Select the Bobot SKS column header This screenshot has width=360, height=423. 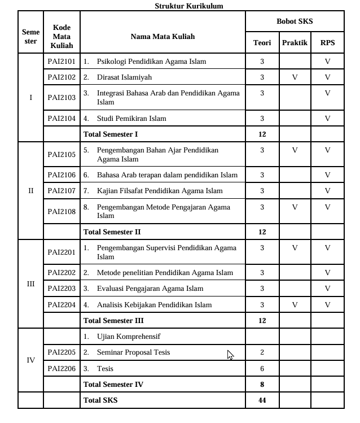(x=295, y=21)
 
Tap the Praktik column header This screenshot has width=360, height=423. (x=295, y=43)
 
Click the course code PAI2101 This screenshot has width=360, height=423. (x=62, y=61)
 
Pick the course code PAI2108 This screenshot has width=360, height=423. (x=62, y=211)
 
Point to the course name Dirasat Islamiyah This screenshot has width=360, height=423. (x=124, y=77)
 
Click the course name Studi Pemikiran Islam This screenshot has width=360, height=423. (x=131, y=118)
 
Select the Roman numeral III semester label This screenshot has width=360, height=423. (x=30, y=284)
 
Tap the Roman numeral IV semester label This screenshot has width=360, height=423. (x=30, y=360)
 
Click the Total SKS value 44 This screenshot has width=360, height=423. (x=262, y=400)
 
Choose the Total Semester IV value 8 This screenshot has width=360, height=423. (x=262, y=384)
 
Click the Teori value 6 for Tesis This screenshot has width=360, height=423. (x=262, y=368)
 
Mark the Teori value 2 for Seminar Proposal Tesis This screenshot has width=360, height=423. (x=262, y=352)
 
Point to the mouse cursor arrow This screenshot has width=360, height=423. (x=230, y=354)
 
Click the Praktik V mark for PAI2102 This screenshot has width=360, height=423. (x=295, y=77)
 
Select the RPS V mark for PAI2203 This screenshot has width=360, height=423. (x=327, y=289)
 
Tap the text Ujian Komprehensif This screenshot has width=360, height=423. (x=129, y=336)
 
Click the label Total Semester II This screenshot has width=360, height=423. (x=112, y=232)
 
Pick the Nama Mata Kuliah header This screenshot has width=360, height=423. (x=163, y=36)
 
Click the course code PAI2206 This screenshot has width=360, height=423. (x=62, y=368)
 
